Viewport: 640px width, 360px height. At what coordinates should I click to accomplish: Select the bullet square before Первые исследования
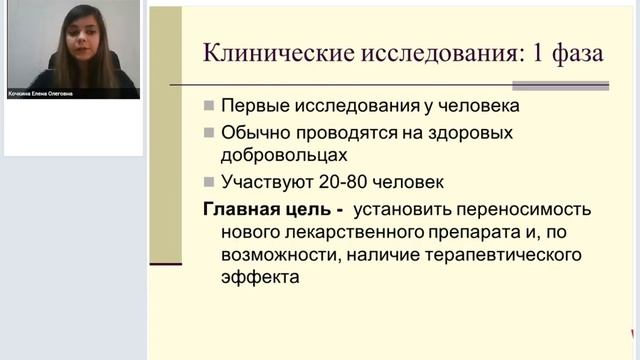click(x=208, y=106)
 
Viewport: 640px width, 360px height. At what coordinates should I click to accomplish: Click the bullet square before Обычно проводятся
click(x=208, y=133)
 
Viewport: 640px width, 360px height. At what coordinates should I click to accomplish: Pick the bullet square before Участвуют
click(x=208, y=182)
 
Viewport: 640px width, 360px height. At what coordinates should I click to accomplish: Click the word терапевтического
click(x=495, y=256)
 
